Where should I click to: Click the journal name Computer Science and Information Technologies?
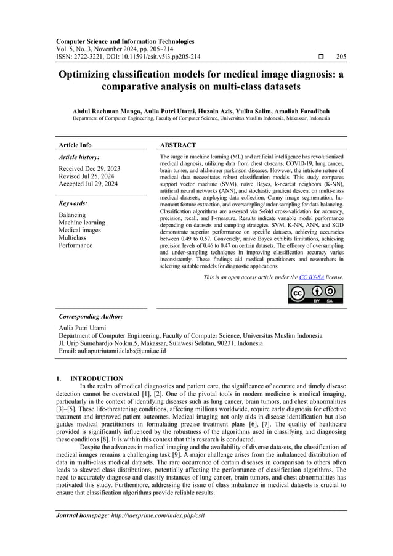[125, 41]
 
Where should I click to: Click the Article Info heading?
[75, 145]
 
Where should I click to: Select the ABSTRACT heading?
[178, 145]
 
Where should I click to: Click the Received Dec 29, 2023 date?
[89, 168]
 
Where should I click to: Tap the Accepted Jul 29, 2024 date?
[89, 184]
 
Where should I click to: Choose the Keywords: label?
[73, 203]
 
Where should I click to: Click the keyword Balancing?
[72, 215]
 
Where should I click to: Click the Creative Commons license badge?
[316, 294]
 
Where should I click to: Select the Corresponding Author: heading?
[90, 316]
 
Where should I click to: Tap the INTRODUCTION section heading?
[97, 378]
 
